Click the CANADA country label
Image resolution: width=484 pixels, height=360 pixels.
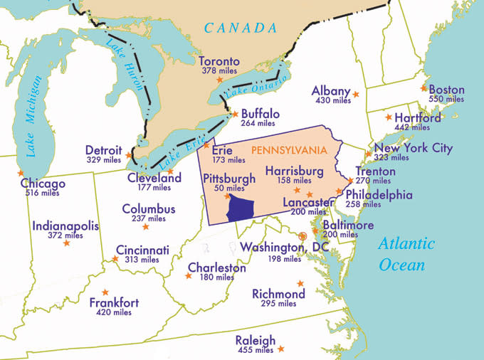click(240, 28)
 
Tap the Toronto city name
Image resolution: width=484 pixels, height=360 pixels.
click(219, 61)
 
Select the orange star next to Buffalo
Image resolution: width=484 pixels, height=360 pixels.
click(236, 113)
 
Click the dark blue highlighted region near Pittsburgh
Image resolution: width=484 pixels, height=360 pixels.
click(241, 208)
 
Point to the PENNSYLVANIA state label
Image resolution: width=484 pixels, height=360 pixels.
click(288, 150)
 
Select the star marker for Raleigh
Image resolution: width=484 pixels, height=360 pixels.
click(281, 349)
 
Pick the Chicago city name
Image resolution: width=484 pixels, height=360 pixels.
click(43, 184)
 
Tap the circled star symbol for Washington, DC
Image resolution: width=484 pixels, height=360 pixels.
click(302, 236)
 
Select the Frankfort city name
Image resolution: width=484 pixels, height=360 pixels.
click(114, 302)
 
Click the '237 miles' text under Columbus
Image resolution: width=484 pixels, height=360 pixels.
click(149, 219)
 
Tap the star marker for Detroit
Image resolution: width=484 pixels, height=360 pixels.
click(129, 155)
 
